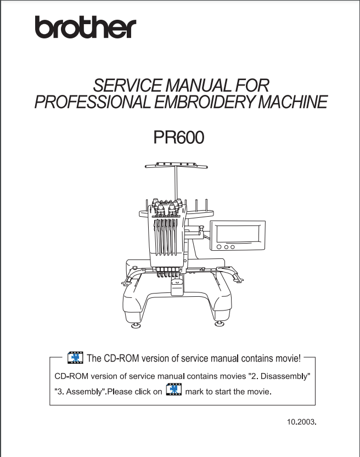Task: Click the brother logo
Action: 86,27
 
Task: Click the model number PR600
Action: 179,137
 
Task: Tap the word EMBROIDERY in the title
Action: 205,101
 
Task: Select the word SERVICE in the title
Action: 128,85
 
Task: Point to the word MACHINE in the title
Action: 293,101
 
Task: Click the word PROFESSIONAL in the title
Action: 93,101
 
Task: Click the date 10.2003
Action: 302,422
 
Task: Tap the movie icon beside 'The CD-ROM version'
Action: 75,358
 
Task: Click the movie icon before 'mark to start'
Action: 174,390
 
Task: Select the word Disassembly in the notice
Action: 284,376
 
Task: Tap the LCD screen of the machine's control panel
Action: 238,234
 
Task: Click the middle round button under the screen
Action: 226,247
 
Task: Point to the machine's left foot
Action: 136,325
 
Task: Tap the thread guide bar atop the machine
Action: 176,166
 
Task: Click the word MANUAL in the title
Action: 199,85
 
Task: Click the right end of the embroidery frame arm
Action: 239,281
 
